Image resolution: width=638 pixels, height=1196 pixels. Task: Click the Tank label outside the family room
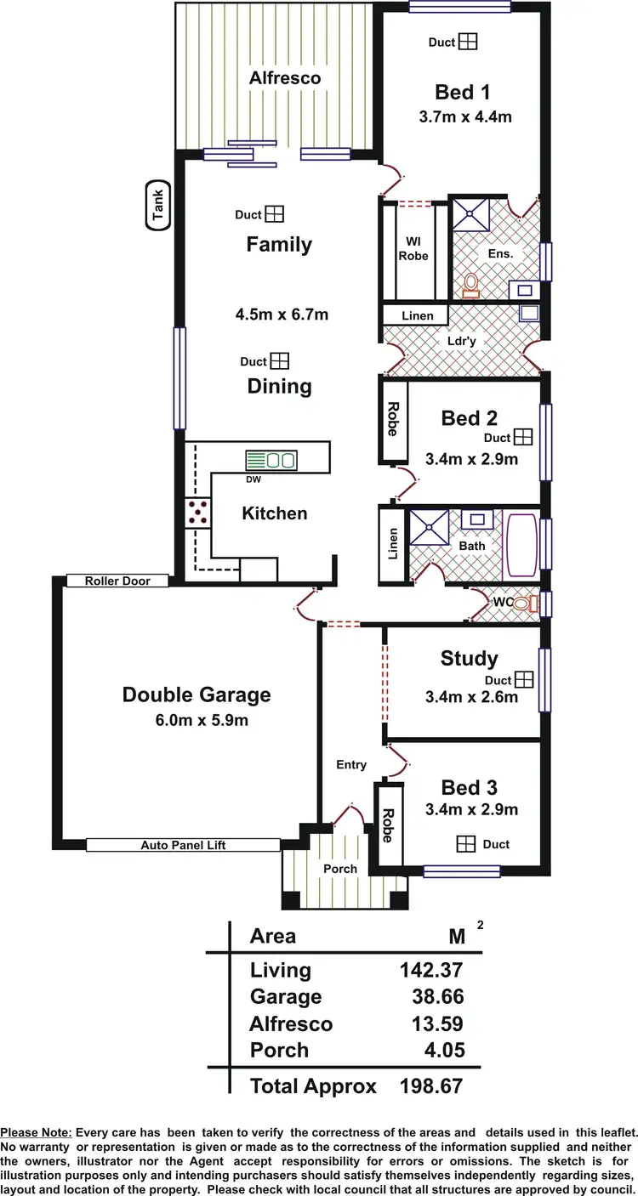tap(158, 206)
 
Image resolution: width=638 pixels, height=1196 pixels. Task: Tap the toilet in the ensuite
tap(470, 284)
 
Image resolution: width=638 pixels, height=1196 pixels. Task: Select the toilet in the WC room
tap(533, 604)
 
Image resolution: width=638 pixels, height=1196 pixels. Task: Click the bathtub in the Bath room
tap(520, 545)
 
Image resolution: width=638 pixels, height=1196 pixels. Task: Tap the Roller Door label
tap(117, 581)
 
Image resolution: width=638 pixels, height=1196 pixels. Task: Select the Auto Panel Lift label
tap(183, 845)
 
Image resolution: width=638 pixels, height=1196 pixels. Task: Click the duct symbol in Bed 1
tap(467, 42)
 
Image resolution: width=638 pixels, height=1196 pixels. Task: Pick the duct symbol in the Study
tap(523, 680)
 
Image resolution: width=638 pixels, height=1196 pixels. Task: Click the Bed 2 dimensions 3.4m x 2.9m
tap(471, 460)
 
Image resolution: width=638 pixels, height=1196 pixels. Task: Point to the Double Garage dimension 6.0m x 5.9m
tap(196, 722)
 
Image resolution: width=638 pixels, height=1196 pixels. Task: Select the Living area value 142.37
tap(431, 970)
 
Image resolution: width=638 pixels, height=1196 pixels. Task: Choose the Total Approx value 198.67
tap(431, 1085)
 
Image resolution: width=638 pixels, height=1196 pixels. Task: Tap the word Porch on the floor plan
tap(339, 869)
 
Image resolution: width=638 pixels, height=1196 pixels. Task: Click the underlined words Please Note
tap(37, 1133)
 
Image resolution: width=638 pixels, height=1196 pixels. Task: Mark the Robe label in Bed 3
tap(390, 825)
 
